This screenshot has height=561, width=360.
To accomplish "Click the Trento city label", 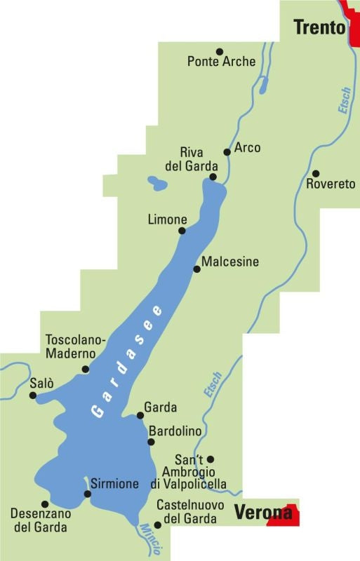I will pos(319,27).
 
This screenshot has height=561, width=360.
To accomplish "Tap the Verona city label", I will pos(262,513).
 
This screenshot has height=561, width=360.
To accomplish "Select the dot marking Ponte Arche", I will pos(219,51).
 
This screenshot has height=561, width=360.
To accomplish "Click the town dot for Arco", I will pos(227,151).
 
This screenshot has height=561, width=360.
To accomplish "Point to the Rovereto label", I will pos(331,184).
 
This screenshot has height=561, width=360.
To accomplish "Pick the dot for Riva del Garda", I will pos(214,178).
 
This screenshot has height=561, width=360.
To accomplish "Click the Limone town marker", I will pos(182,231).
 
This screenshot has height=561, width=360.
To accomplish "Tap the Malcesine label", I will pos(229,262).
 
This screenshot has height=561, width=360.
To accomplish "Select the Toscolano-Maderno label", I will pos(75,346).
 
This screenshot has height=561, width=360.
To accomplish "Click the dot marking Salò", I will pos(32,396).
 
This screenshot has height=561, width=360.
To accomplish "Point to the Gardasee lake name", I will pos(127,362).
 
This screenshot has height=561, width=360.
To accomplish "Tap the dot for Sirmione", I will pos(87,494).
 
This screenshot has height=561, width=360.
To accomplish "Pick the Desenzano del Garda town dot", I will pos(45,503).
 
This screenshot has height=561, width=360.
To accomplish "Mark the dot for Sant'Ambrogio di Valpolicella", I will pos(211,459).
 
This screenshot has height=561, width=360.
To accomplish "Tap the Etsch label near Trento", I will pos(343,100).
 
